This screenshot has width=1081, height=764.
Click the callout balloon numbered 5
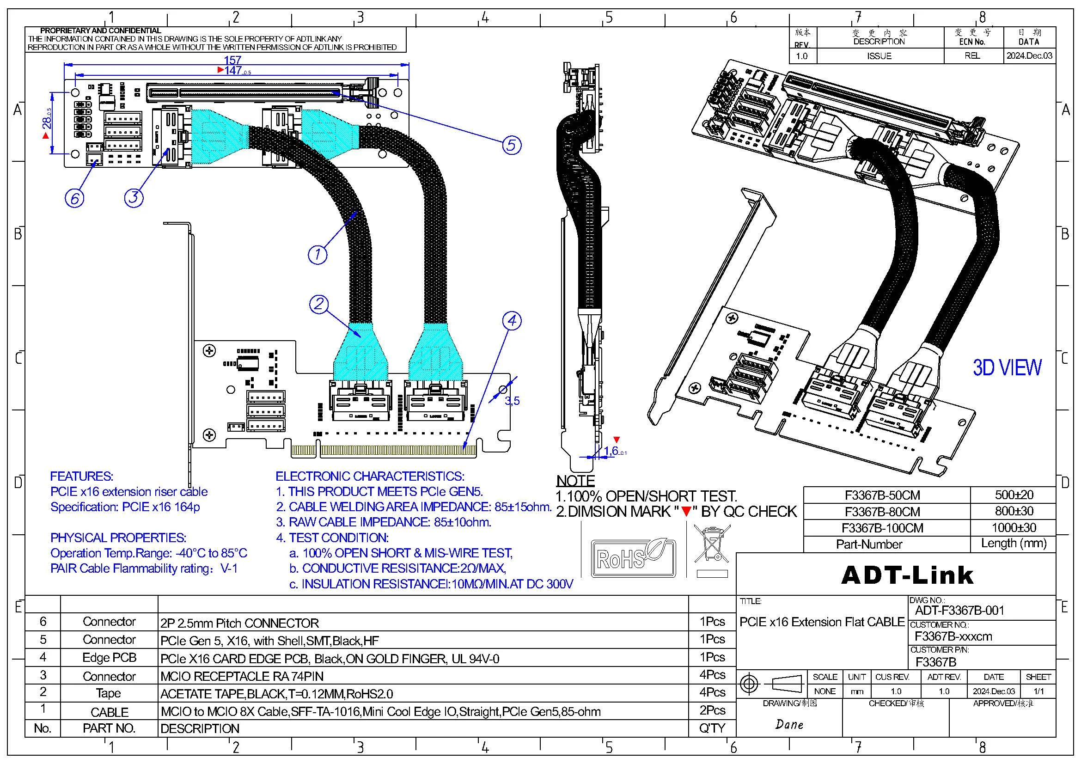click(x=512, y=145)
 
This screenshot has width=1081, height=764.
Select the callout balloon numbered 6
click(x=74, y=198)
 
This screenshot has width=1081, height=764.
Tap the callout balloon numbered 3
click(x=134, y=197)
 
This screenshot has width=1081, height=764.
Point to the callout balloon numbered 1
click(x=318, y=254)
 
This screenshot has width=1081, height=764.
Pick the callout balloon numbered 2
click(x=319, y=304)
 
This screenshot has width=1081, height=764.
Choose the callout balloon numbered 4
click(x=512, y=321)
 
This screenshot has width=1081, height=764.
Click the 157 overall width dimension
click(x=232, y=60)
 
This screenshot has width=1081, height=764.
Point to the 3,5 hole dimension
click(x=512, y=401)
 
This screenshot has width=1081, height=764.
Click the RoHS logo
click(x=633, y=557)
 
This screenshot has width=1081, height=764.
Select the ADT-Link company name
click(x=907, y=575)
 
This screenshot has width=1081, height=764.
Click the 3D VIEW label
click(x=1007, y=367)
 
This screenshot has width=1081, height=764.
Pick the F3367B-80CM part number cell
click(x=882, y=511)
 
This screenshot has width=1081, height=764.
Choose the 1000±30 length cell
click(x=1014, y=527)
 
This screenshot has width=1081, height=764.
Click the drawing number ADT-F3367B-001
click(x=959, y=611)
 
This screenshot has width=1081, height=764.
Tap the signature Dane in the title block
click(x=789, y=724)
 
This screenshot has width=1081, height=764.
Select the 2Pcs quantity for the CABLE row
click(x=712, y=710)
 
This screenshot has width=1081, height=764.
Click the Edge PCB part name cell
click(x=109, y=658)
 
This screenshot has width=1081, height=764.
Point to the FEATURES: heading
click(x=81, y=476)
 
